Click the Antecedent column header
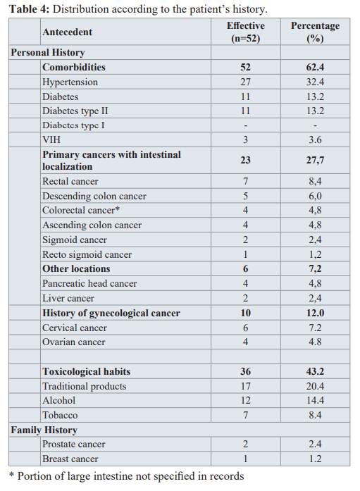click(x=68, y=32)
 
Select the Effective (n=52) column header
click(x=246, y=32)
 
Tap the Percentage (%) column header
click(x=315, y=32)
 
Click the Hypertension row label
click(x=70, y=82)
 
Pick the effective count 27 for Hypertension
click(x=245, y=82)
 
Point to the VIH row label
click(x=51, y=139)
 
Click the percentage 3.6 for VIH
click(x=315, y=139)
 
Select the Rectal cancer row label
click(x=70, y=181)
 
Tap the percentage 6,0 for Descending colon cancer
click(x=315, y=196)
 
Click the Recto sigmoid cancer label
click(x=87, y=254)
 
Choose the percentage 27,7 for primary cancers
click(x=315, y=161)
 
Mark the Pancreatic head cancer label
click(x=89, y=283)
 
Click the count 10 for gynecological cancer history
click(x=246, y=313)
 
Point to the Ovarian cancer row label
click(x=74, y=342)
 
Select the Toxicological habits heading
click(x=87, y=371)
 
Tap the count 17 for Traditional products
click(x=246, y=386)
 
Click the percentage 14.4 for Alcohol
click(x=315, y=401)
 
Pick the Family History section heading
click(x=44, y=430)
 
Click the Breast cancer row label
click(x=70, y=459)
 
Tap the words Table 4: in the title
click(x=29, y=9)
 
